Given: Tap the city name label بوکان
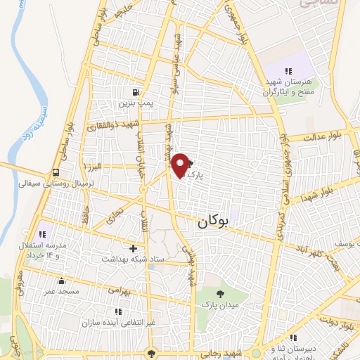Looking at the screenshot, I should [214, 222].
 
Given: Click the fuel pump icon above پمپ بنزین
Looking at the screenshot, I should [136, 92].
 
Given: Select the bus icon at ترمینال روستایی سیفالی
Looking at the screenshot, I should [55, 173].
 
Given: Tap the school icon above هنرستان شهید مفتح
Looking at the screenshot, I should [288, 70].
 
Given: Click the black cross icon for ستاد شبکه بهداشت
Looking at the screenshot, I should [133, 247].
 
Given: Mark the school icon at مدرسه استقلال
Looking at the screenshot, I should [41, 233].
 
